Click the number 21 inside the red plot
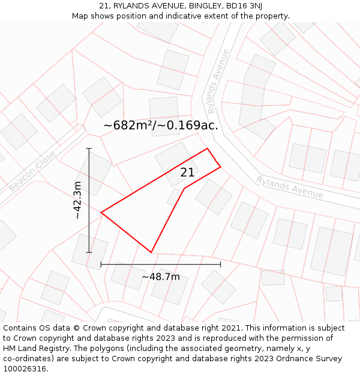(187, 173)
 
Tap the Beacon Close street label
(32, 172)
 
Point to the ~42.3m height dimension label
(77, 200)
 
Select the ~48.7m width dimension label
(161, 277)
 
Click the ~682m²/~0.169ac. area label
(160, 125)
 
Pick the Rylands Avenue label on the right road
(290, 187)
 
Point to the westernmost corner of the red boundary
(101, 212)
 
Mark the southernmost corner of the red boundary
(151, 253)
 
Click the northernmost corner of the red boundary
(207, 148)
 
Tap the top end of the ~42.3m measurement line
(89, 148)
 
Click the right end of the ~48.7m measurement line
(220, 263)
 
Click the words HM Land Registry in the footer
(35, 348)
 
